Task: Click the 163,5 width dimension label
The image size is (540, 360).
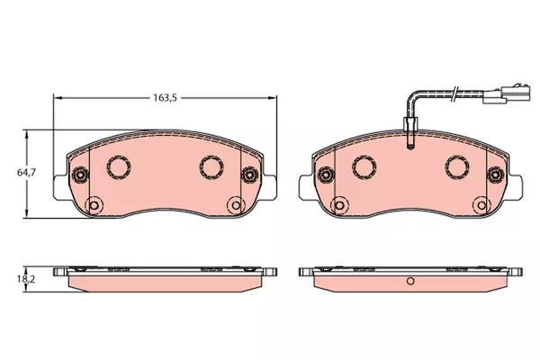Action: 165,98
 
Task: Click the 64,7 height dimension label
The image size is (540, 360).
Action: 26,172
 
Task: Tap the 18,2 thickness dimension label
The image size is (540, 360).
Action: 26,279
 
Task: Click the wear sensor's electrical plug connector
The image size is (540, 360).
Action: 504,94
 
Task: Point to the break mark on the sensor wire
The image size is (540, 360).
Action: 454,94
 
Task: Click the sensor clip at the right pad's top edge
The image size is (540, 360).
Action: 410,133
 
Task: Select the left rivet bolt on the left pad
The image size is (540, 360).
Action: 80,175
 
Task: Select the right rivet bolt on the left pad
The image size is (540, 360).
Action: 249,175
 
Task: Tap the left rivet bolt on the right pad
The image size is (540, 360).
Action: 325,175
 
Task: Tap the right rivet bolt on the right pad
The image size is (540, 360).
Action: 495,175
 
